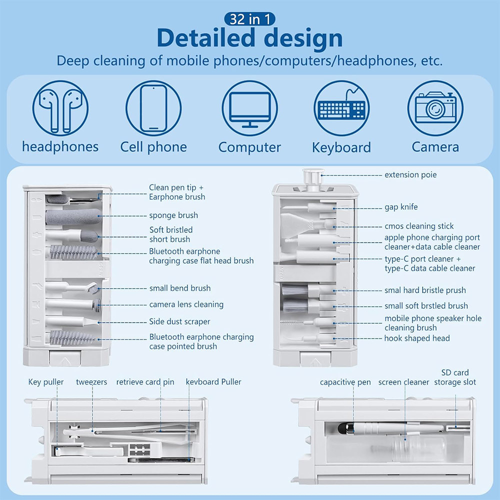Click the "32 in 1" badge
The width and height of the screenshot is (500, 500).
(249, 19)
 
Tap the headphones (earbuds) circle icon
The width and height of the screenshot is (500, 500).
(60, 107)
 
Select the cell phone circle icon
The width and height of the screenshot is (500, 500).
(153, 107)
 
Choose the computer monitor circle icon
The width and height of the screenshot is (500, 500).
(249, 107)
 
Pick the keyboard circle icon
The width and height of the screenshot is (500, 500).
(342, 107)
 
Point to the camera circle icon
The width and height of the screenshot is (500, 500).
(435, 107)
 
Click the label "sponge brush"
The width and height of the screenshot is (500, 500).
(173, 215)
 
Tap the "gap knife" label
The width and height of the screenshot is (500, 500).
(400, 207)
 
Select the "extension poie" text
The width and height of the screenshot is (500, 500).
(410, 175)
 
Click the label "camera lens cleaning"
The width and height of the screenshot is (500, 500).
(186, 304)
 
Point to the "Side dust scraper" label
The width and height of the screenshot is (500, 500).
(179, 321)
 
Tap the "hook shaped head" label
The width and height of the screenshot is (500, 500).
(417, 338)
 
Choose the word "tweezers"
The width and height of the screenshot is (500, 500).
(91, 382)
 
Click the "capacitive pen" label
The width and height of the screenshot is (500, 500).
(345, 382)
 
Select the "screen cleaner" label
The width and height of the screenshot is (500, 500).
(403, 382)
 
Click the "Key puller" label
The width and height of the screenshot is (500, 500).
(46, 382)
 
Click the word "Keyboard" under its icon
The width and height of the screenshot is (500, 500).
(341, 148)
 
